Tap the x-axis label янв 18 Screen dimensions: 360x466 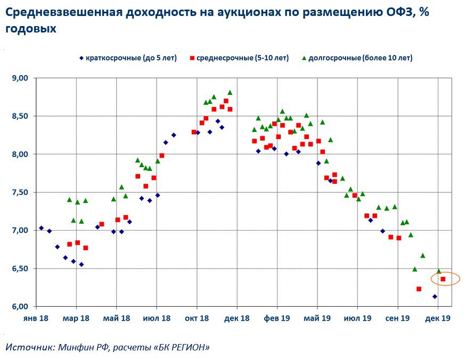pos(35,318)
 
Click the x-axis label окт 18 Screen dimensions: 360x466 pos(197,318)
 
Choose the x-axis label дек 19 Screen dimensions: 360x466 pos(438,318)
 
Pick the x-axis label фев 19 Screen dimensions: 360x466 pos(277,318)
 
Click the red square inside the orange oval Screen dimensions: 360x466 pos(443,279)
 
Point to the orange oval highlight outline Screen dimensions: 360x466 pos(430,279)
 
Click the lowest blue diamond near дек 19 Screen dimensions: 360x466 pos(435,297)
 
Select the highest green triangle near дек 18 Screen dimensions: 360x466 pos(230,92)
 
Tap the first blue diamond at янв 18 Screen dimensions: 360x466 pos(41,228)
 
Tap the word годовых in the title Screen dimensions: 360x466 pos(31,29)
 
